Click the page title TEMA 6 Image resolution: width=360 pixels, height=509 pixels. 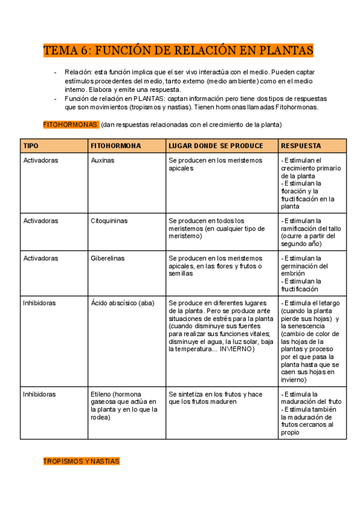coord(178,50)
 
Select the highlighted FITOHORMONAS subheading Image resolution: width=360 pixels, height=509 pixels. coord(70,124)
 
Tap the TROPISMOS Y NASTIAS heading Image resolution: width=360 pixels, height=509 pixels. coord(81,461)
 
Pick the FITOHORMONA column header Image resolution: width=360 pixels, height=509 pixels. coord(116,146)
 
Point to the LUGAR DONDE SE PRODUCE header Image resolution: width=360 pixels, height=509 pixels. coord(215,146)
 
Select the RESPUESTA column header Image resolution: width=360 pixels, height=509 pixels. coord(301,146)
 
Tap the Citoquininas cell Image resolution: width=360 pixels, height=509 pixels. coord(109,220)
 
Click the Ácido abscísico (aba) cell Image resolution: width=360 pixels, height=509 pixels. coord(122,303)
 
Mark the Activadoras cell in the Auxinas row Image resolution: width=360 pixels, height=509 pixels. coord(40,160)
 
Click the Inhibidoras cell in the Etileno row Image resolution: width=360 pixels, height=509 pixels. coord(39,394)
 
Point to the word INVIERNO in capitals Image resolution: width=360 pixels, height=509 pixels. coord(237,349)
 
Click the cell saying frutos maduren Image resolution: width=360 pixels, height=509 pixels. coord(215,398)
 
